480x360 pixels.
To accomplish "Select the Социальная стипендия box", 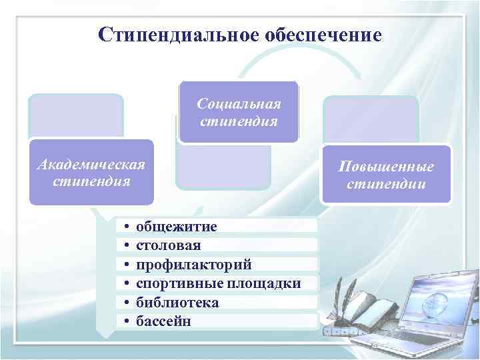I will coord(239,112).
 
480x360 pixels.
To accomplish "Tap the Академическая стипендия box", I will coord(91,172).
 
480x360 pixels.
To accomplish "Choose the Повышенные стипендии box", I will coord(387,174).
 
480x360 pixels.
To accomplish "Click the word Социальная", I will coord(239,104).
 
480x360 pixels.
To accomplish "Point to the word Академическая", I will coord(91,164).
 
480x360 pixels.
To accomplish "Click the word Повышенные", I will coord(387,166).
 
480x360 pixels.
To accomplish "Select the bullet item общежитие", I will coord(176,227).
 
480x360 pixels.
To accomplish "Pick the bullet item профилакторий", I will coord(194,265).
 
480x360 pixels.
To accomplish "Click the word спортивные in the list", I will coord(177,284).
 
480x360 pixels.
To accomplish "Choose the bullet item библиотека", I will coord(177,303).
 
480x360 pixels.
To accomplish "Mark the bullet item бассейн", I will coord(163,321).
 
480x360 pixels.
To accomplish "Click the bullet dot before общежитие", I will coord(126,227).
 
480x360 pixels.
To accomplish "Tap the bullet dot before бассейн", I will coord(126,322).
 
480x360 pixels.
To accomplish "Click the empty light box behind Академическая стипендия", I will coord(76,116).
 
